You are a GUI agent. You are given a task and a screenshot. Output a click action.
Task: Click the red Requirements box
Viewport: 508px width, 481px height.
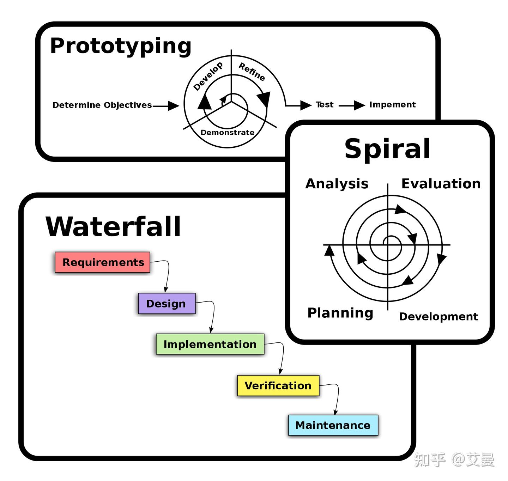103,262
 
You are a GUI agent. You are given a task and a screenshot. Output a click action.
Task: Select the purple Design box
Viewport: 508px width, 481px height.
167,304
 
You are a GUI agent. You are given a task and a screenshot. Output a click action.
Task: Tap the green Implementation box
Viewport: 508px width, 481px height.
210,344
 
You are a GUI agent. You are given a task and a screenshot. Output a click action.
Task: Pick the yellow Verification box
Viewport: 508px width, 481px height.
278,385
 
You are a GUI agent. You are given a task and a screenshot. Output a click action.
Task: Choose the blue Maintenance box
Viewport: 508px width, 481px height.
333,425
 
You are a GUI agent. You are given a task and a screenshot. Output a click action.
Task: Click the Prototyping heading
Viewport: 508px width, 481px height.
121,46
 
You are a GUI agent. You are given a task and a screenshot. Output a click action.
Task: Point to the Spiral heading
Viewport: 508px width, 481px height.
387,149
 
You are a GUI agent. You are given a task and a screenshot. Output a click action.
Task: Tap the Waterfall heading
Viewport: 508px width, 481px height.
113,227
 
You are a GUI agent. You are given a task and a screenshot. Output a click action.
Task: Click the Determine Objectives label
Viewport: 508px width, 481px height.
102,105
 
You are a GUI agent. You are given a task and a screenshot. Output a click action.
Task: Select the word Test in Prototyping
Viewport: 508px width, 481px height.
325,105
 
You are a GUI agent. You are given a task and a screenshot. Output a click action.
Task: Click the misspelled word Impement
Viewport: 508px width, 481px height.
392,105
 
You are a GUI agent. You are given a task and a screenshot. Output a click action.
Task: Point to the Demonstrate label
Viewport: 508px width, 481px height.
228,133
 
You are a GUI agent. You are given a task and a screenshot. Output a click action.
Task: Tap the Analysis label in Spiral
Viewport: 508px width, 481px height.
337,184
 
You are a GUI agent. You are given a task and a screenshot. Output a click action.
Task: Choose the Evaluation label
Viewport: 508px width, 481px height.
441,184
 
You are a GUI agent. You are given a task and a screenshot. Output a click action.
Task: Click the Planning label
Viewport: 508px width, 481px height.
340,313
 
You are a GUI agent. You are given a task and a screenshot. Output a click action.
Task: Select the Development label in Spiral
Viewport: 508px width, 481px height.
439,317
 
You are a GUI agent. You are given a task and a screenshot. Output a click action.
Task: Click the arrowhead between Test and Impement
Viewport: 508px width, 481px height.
359,105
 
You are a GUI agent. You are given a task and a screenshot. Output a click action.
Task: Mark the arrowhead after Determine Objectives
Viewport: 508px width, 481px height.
174,105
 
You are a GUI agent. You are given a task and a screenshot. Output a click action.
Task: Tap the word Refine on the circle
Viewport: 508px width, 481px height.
252,72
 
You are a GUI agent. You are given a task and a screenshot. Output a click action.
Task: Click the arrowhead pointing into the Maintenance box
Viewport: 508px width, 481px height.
335,412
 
